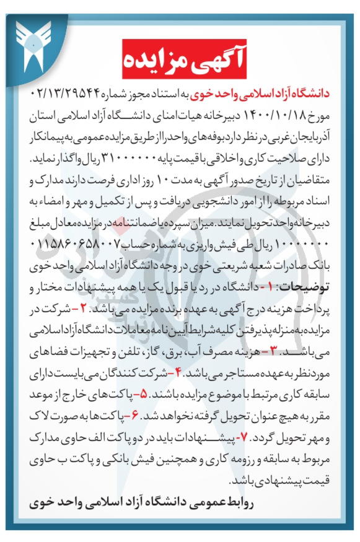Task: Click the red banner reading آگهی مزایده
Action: (x=180, y=60)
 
